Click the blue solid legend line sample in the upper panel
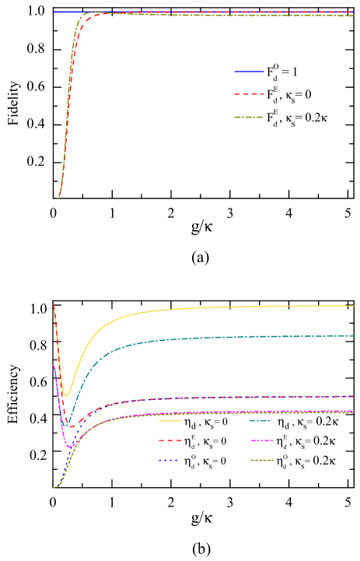(249, 72)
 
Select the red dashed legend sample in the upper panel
(249, 94)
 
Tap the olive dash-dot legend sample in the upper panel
(249, 117)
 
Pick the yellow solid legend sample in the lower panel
(170, 421)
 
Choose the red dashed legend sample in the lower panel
(170, 440)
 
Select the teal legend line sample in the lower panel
(260, 421)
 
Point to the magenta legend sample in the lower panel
(262, 440)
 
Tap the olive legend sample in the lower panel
(262, 461)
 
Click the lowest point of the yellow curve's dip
(67, 396)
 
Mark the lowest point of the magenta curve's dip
(70, 447)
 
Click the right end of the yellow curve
(355, 306)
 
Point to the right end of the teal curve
(355, 335)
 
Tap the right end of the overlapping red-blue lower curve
(353, 396)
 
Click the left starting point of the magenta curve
(53, 365)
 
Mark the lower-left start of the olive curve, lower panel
(53, 488)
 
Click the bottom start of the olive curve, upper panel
(58, 198)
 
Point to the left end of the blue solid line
(54, 12)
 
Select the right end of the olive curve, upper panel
(354, 16)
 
